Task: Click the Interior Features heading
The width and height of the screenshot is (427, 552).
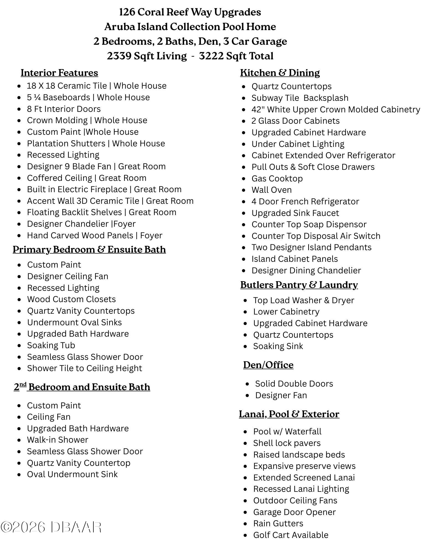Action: pyautogui.click(x=59, y=73)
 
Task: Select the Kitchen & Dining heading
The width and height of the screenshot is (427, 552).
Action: pyautogui.click(x=280, y=73)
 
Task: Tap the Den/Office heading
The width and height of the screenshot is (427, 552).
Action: pyautogui.click(x=268, y=365)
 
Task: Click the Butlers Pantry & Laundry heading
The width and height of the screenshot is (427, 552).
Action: pyautogui.click(x=299, y=285)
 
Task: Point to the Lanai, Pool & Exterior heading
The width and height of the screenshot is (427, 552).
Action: pyautogui.click(x=289, y=414)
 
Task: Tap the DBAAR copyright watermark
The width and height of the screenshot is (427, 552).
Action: pyautogui.click(x=51, y=527)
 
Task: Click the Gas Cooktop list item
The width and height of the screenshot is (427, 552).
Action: pyautogui.click(x=277, y=179)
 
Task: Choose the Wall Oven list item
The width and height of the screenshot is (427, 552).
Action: pyautogui.click(x=271, y=190)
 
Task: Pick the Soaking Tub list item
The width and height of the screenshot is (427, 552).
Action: pyautogui.click(x=51, y=345)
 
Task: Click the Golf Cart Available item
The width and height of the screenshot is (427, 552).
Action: pyautogui.click(x=290, y=535)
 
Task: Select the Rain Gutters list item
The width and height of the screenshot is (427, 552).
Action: pyautogui.click(x=278, y=524)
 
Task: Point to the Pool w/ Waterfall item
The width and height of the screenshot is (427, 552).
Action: pyautogui.click(x=287, y=432)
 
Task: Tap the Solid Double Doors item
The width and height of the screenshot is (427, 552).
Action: pyautogui.click(x=294, y=384)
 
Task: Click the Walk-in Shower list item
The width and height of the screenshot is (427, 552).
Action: pyautogui.click(x=57, y=440)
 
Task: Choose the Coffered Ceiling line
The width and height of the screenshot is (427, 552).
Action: pyautogui.click(x=87, y=178)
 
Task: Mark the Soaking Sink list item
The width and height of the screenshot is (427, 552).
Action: pyautogui.click(x=278, y=346)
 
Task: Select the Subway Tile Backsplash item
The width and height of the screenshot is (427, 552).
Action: pyautogui.click(x=300, y=98)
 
